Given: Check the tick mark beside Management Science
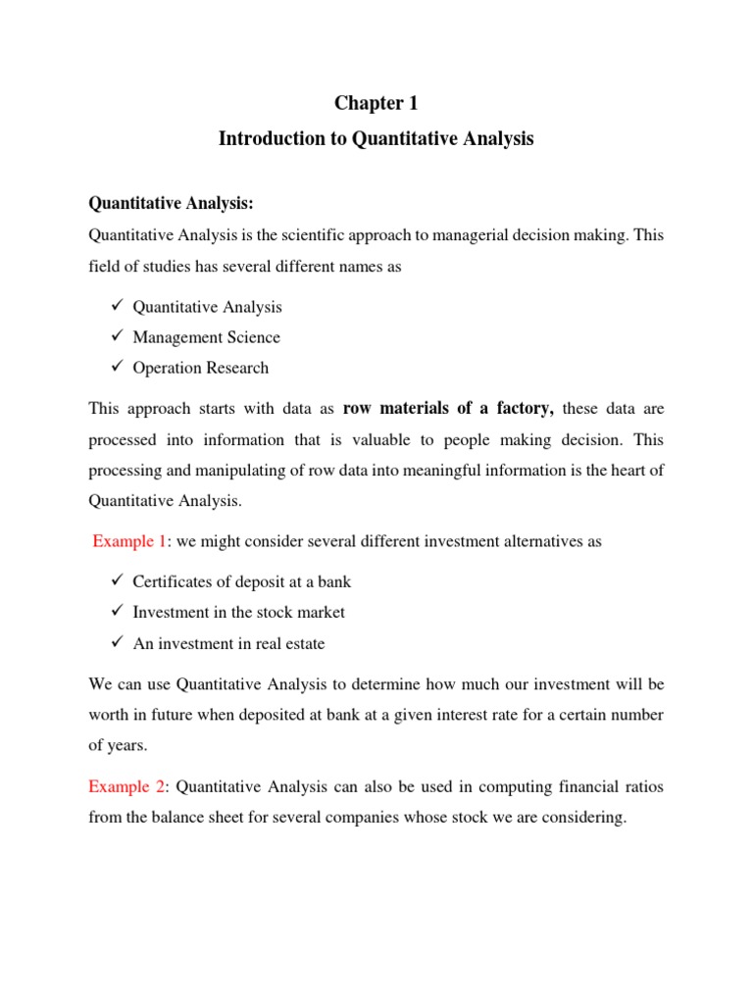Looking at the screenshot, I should point(116,337).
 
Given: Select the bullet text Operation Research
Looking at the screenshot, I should point(201,368).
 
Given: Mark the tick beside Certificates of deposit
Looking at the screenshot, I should point(116,581).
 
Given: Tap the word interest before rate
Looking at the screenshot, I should point(479,715).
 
